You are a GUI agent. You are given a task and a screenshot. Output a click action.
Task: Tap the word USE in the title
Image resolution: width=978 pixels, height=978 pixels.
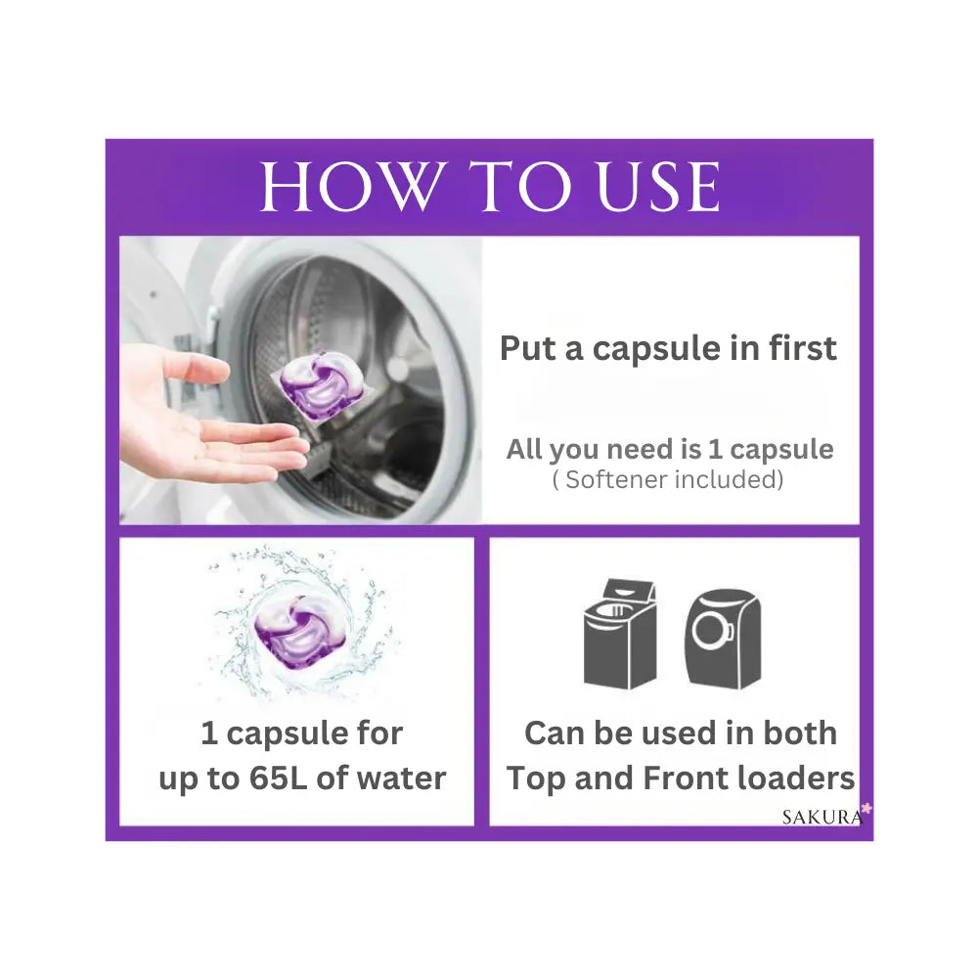[x=658, y=186]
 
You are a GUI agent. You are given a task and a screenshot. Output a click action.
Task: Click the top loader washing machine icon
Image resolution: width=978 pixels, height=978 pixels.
[x=621, y=634]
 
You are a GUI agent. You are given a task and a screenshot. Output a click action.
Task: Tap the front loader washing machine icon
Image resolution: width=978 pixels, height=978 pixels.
[x=723, y=639]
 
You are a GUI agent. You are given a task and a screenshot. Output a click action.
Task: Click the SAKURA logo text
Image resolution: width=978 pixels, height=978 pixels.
[x=822, y=817]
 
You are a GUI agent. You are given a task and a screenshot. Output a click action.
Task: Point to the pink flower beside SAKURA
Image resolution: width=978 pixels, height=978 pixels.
[x=867, y=810]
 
